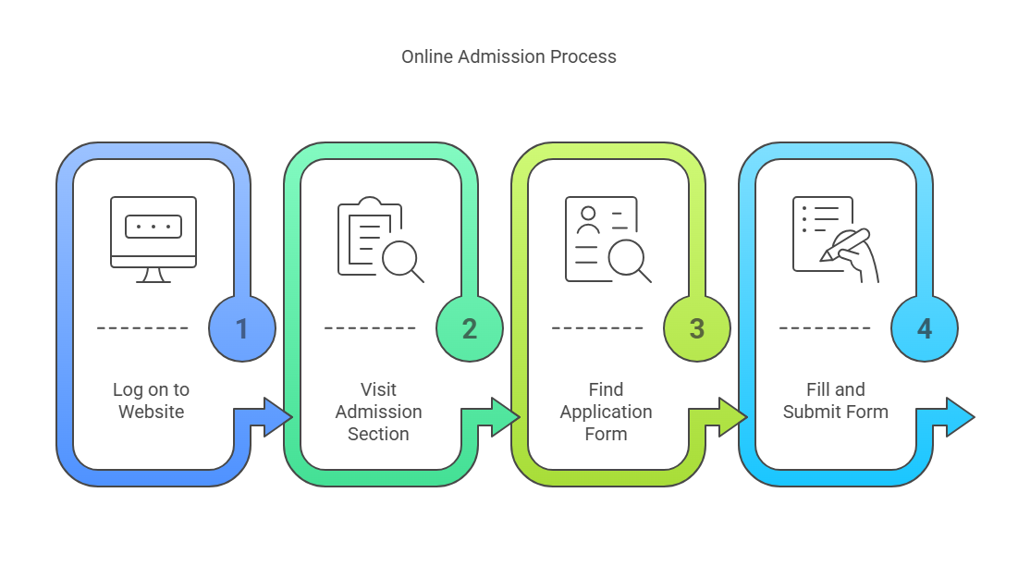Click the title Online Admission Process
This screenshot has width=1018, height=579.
tap(509, 56)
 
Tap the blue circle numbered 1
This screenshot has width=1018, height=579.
tap(242, 328)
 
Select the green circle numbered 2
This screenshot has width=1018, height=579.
tap(470, 328)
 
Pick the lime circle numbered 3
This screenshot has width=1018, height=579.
tap(697, 328)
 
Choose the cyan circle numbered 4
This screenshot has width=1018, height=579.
tap(925, 328)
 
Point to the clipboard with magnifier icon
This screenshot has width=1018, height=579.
tap(380, 240)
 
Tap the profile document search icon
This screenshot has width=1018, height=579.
tap(607, 240)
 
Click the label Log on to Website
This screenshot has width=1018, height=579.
tap(152, 400)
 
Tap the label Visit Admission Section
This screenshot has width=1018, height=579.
tap(378, 412)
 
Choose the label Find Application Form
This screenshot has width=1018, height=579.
tap(606, 412)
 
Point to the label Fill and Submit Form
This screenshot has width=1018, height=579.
tap(835, 400)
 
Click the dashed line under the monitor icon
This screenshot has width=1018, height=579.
tap(143, 328)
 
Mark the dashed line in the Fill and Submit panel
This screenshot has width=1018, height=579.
tap(825, 328)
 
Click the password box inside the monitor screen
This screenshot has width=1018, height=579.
tap(153, 227)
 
